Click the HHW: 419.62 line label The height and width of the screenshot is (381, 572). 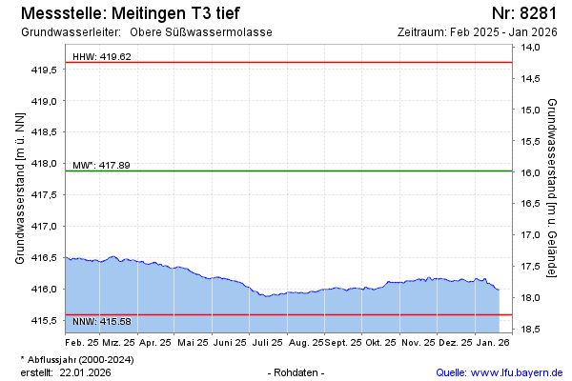[102, 57]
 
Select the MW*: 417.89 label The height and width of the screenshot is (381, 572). [101, 166]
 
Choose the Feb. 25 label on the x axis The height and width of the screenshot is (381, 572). [82, 341]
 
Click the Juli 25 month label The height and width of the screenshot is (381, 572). [265, 341]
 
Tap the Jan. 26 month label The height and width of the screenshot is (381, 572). [492, 341]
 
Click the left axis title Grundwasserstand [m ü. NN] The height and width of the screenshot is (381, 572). [20, 188]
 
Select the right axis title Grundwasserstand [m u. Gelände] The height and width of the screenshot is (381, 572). [553, 188]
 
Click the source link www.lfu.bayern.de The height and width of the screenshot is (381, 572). [514, 372]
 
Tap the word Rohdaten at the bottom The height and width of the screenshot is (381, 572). [298, 372]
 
